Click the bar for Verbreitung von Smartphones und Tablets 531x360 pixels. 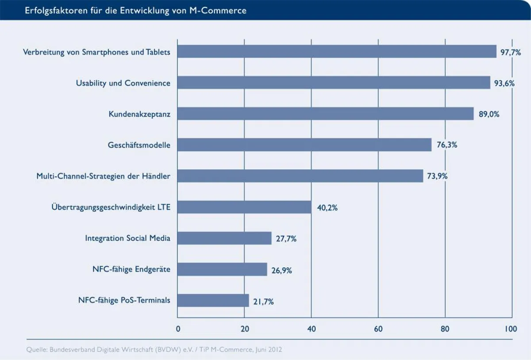click(x=336, y=51)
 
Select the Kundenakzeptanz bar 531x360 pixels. click(x=325, y=114)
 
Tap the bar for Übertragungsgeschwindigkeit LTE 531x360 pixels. click(x=244, y=207)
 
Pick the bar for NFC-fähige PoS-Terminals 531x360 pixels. click(x=213, y=301)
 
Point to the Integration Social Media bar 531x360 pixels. click(x=224, y=238)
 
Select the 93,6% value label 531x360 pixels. click(x=504, y=83)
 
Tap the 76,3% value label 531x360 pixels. click(x=446, y=145)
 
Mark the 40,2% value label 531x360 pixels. click(x=327, y=207)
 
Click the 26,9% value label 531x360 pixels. click(x=281, y=270)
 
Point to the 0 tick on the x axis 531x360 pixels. click(x=178, y=329)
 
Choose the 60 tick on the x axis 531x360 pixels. click(x=378, y=329)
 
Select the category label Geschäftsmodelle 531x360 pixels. click(x=139, y=145)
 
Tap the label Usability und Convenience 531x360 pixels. click(x=123, y=83)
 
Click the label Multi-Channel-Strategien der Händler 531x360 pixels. click(x=103, y=176)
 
